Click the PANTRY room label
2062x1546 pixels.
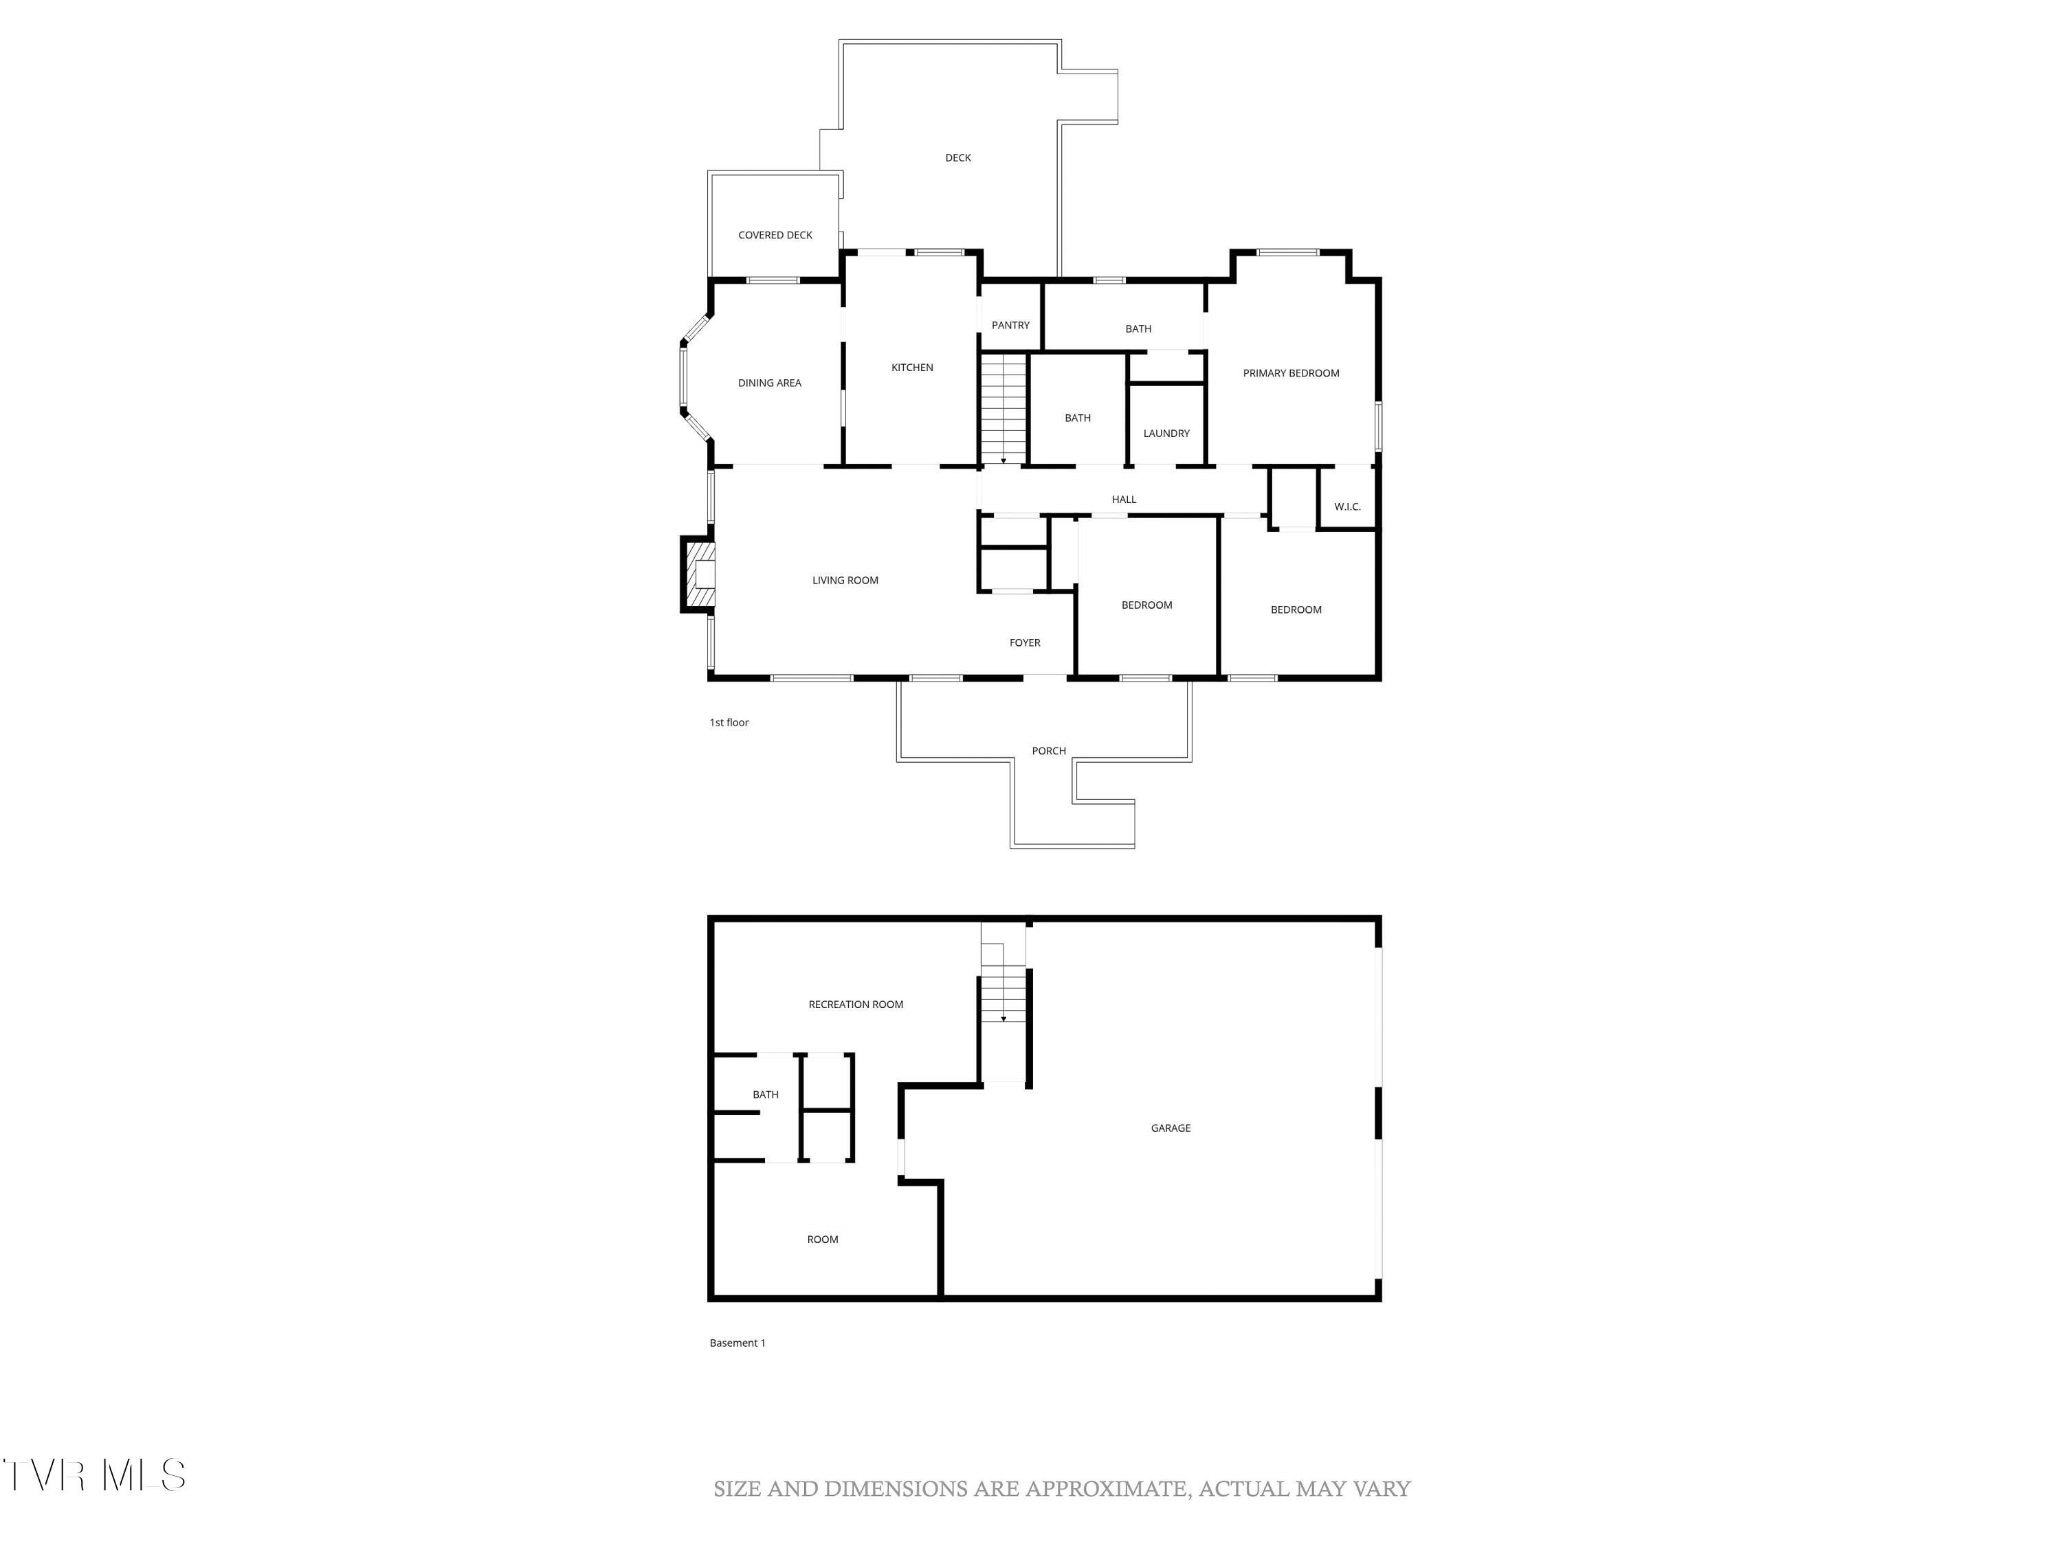[x=1010, y=325]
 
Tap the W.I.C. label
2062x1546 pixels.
[x=1347, y=507]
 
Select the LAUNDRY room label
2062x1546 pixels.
[x=1166, y=434]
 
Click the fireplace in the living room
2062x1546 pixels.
[x=699, y=574]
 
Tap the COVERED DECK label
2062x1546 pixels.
[x=775, y=236]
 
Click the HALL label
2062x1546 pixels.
[x=1123, y=500]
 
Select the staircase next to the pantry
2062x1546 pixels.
[x=1003, y=408]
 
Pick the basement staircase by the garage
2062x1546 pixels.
[x=1003, y=997]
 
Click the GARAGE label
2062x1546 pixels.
[x=1170, y=1128]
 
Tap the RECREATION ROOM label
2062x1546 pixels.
[x=856, y=1005]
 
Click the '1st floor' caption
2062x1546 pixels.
[x=729, y=722]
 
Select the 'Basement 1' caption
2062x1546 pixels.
[x=738, y=1343]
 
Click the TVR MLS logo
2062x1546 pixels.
[x=93, y=1475]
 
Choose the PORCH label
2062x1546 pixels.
[x=1049, y=751]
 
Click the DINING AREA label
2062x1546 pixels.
[x=769, y=383]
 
